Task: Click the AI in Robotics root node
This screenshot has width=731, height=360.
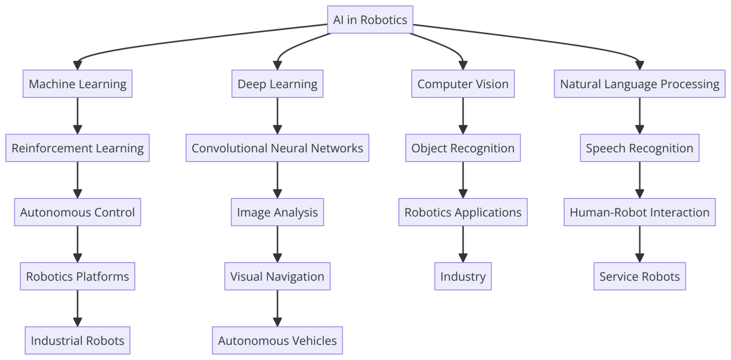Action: click(x=370, y=20)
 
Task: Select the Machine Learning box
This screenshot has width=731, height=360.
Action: click(x=78, y=84)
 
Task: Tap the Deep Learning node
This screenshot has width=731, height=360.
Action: click(x=277, y=84)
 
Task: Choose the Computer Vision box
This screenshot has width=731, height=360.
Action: click(x=463, y=84)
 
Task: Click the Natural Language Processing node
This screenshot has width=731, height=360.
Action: click(x=639, y=84)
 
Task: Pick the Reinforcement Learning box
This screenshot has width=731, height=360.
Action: click(x=78, y=148)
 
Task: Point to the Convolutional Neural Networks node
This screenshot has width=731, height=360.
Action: click(x=277, y=148)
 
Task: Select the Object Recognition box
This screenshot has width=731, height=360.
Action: click(x=463, y=148)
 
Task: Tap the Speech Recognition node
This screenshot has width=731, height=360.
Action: click(x=639, y=148)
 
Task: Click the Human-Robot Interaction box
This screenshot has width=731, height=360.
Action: click(x=639, y=212)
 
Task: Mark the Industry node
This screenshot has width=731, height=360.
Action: click(x=463, y=276)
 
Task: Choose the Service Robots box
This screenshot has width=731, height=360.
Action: click(x=639, y=276)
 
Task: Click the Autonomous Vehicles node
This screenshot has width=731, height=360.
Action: click(x=277, y=340)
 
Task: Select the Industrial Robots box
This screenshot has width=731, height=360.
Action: click(x=78, y=340)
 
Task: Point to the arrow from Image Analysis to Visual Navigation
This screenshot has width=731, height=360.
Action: click(x=277, y=244)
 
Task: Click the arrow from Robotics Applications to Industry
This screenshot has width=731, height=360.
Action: click(x=463, y=244)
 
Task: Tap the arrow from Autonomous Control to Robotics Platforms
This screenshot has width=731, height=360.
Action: click(x=78, y=244)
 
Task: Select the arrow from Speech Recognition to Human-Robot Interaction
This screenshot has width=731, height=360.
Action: click(x=639, y=180)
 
